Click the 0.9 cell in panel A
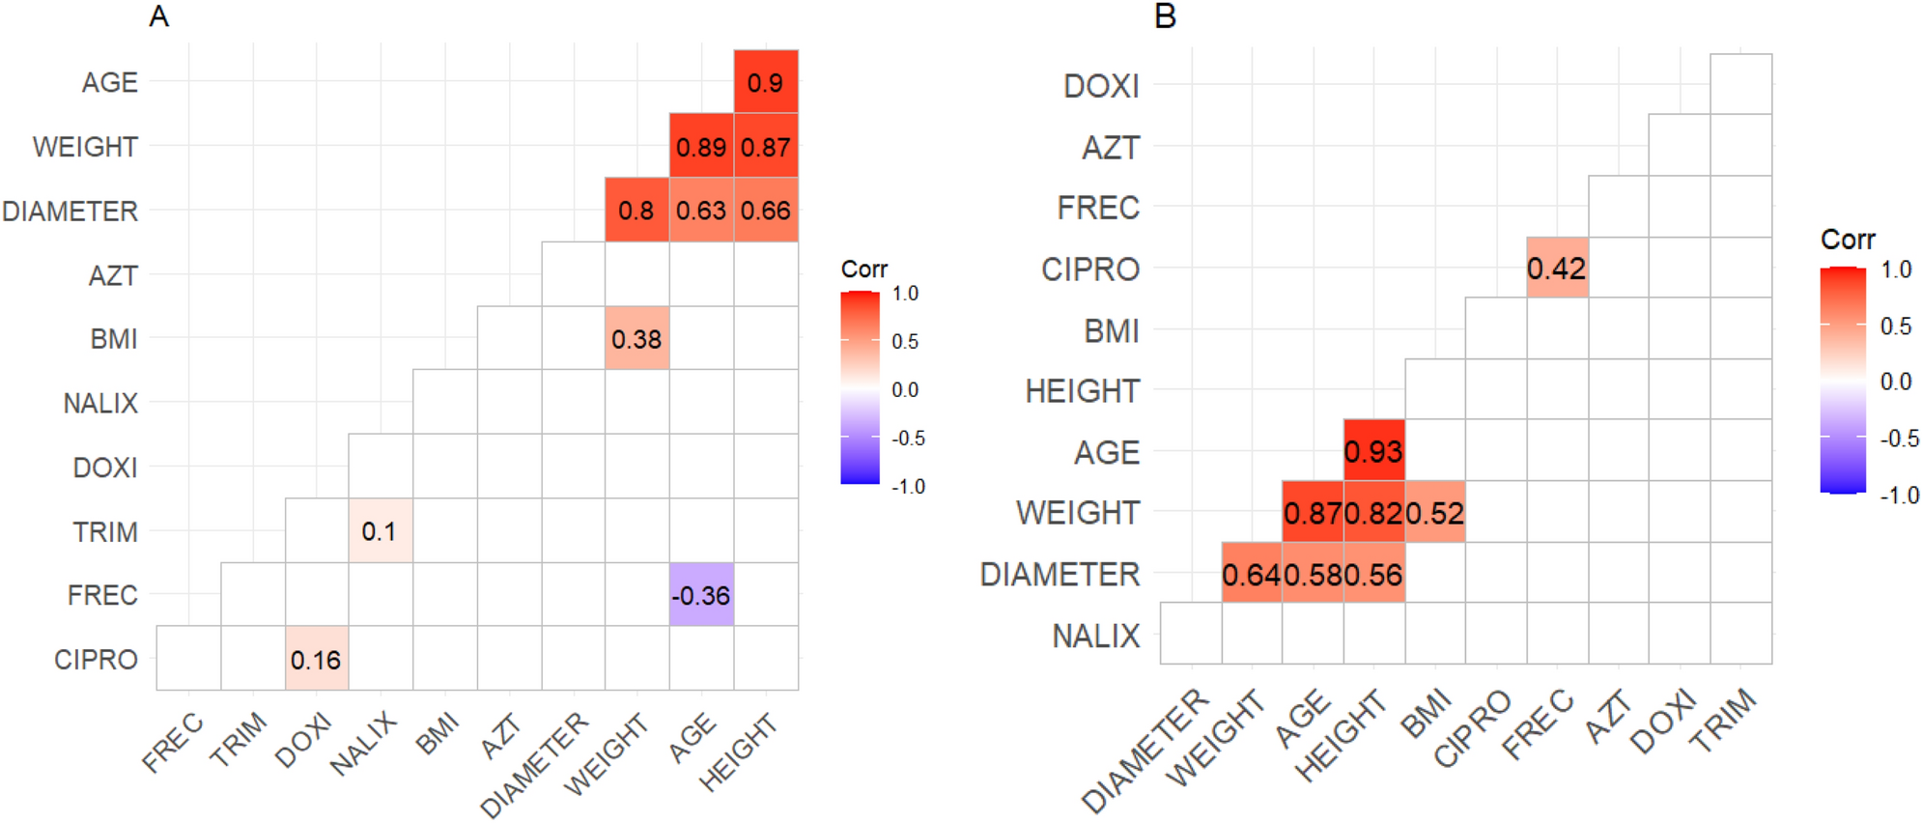pyautogui.click(x=765, y=82)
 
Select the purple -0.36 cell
pyautogui.click(x=701, y=595)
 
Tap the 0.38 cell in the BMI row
pyautogui.click(x=636, y=339)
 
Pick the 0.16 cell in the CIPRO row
pyautogui.click(x=316, y=660)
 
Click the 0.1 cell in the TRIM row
pyautogui.click(x=380, y=531)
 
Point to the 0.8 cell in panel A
pyautogui.click(x=636, y=211)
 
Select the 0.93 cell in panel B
pyautogui.click(x=1373, y=451)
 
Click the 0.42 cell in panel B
pyautogui.click(x=1557, y=269)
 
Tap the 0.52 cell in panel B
pyautogui.click(x=1435, y=513)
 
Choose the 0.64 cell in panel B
pyautogui.click(x=1252, y=575)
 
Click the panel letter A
pyautogui.click(x=159, y=16)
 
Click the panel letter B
pyautogui.click(x=1165, y=16)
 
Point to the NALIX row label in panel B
pyautogui.click(x=1095, y=636)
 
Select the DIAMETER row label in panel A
pyautogui.click(x=70, y=211)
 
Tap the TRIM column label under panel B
pyautogui.click(x=1724, y=720)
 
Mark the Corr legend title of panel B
pyautogui.click(x=1847, y=240)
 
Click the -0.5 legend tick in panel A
pyautogui.click(x=907, y=438)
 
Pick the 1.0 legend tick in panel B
pyautogui.click(x=1896, y=270)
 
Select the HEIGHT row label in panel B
pyautogui.click(x=1082, y=391)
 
